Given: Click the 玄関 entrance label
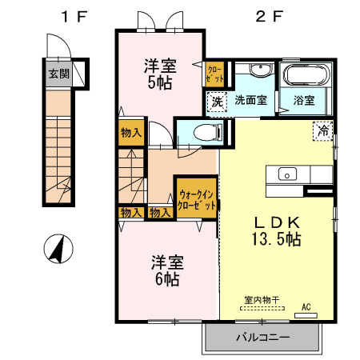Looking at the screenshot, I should point(58,74).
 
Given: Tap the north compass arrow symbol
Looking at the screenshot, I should point(57,249).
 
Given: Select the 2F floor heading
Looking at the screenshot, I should point(266,15).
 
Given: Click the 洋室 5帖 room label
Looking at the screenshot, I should point(159,73).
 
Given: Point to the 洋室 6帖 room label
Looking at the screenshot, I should point(166,270).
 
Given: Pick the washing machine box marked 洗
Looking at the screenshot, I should point(216,102).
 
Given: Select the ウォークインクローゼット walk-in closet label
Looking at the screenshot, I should point(197,198).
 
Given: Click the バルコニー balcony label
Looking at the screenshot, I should point(262,338).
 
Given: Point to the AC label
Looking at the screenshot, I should point(306,306).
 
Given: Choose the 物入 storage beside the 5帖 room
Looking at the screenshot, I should point(131,134).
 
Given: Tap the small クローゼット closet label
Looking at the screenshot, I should point(214,75).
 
